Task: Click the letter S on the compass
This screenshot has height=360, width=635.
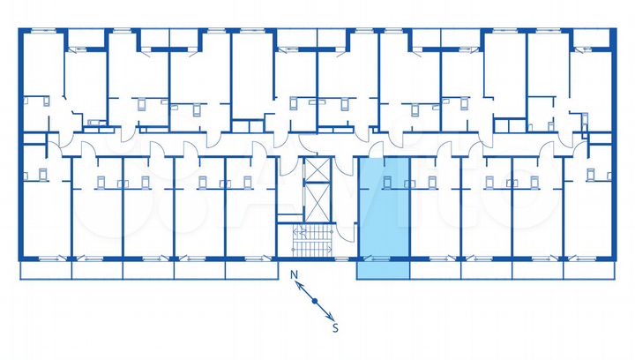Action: coord(335,329)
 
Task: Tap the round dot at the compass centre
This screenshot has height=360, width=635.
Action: coord(314,301)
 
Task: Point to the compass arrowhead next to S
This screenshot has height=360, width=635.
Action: coord(329,317)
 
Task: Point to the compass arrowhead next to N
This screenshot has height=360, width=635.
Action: coord(301,285)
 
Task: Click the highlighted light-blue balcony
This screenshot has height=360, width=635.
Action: coord(383,270)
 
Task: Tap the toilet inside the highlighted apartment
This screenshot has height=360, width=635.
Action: coord(387,182)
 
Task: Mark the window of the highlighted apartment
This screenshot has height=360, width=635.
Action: coord(375,258)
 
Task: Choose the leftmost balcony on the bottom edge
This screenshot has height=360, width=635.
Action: coord(44,270)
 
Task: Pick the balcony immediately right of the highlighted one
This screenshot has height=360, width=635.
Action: coord(435,270)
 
